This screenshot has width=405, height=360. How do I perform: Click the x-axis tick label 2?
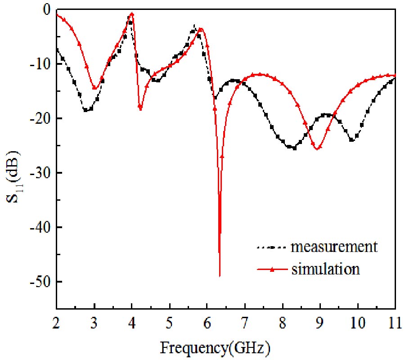coord(56,323)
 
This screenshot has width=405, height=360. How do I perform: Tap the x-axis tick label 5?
coord(169,323)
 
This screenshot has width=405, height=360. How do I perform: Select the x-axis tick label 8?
coord(283,323)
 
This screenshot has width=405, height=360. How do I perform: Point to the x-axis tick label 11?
coord(395,323)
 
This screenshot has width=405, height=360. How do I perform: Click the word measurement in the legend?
coord(333,247)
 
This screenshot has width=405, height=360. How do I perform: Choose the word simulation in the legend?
coord(325,269)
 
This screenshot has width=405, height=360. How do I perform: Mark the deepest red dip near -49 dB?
coord(220,275)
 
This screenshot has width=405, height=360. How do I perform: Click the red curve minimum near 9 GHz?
coord(317,148)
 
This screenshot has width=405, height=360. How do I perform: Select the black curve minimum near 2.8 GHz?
coord(86,110)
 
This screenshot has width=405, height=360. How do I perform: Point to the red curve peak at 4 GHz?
coord(132,13)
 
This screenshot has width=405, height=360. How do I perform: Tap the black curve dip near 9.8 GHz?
coord(352,140)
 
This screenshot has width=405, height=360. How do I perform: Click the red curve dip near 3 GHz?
coord(94,88)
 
